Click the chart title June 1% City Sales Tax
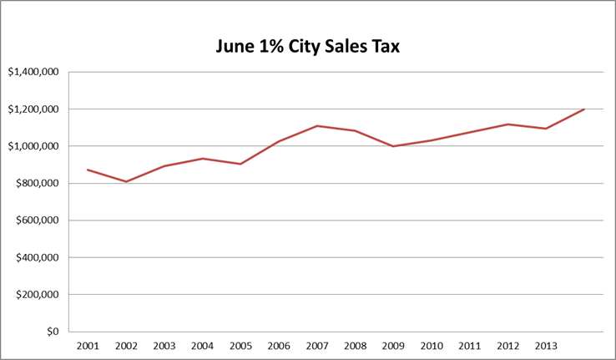(x=308, y=47)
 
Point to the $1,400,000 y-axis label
(x=33, y=72)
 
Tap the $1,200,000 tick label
(x=33, y=109)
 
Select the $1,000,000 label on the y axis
(x=33, y=146)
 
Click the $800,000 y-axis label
(x=37, y=184)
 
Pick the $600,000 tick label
(x=37, y=221)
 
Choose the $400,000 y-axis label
(x=37, y=257)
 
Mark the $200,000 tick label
(x=37, y=295)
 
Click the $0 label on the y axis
(x=52, y=332)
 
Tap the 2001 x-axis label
(x=88, y=345)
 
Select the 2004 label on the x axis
(x=202, y=345)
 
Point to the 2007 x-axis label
(x=316, y=345)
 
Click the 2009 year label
(x=393, y=345)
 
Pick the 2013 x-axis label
(x=546, y=345)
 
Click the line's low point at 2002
(x=126, y=181)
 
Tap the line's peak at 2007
(x=317, y=126)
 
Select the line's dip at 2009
(x=393, y=146)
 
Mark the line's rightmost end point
(x=584, y=109)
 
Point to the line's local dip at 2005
(x=240, y=164)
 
